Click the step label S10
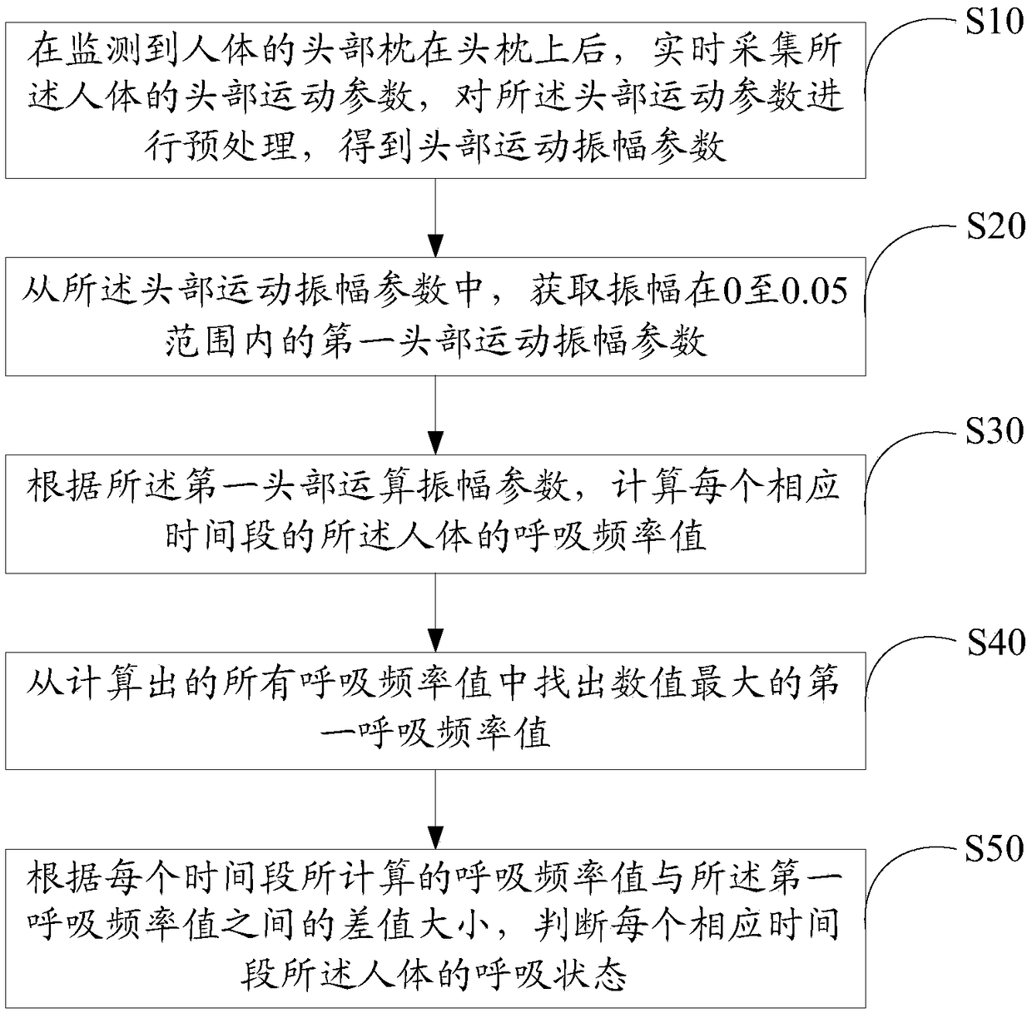(995, 22)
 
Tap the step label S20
(995, 226)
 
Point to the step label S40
(995, 643)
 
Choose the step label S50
(995, 848)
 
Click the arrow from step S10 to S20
(435, 218)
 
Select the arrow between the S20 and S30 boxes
(435, 415)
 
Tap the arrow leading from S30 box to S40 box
(435, 613)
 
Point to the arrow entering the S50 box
(435, 809)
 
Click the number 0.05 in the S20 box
(815, 291)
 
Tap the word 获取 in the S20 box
(568, 291)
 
